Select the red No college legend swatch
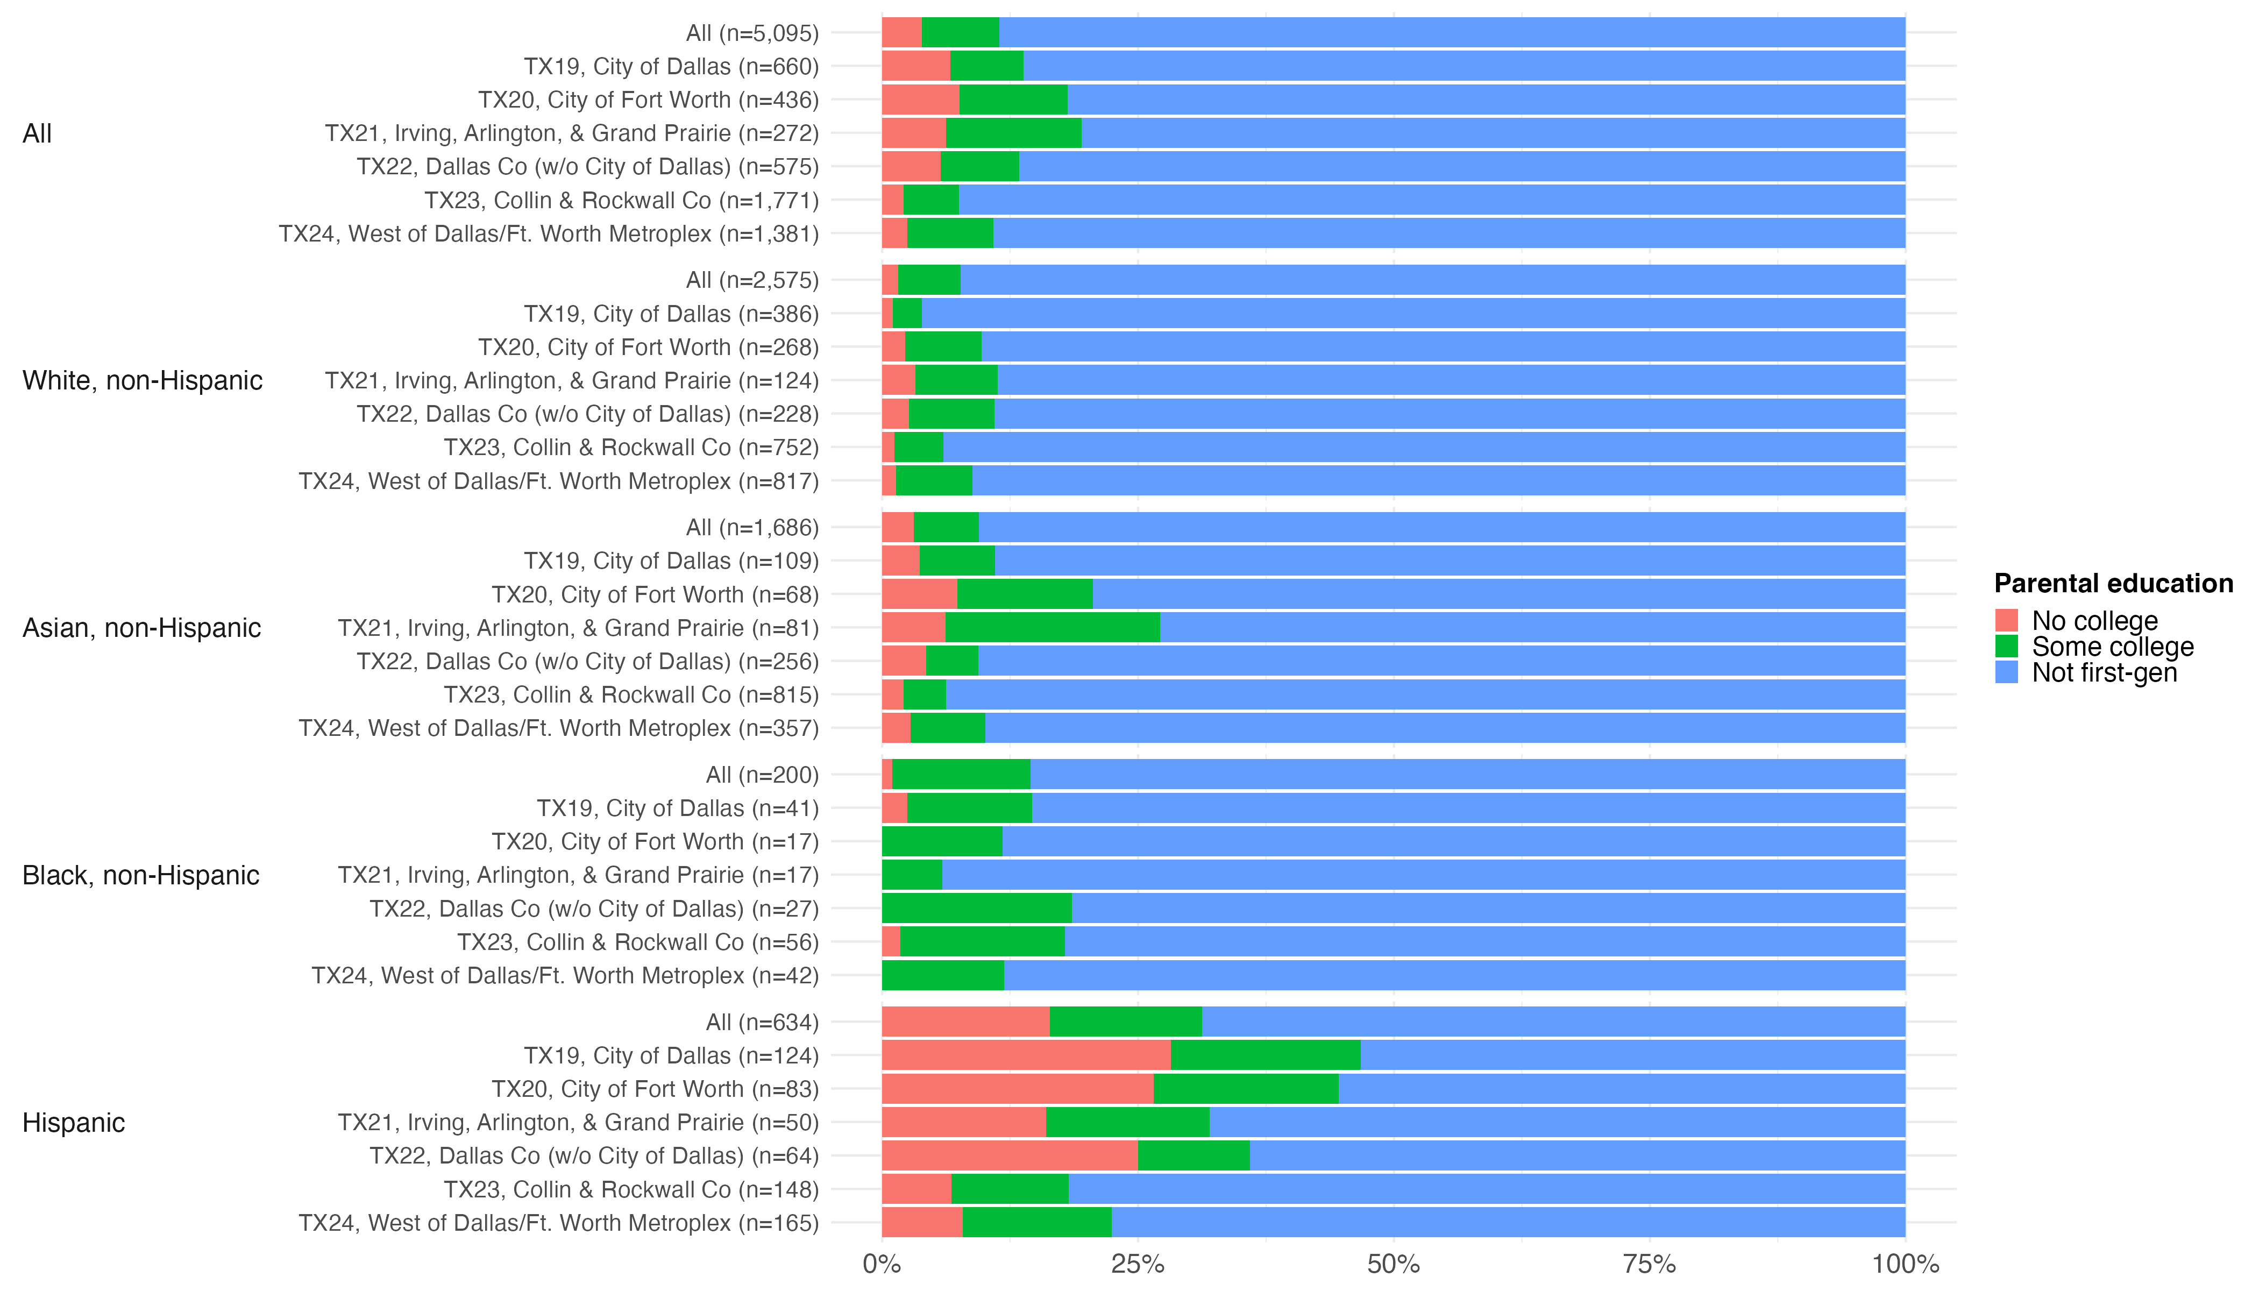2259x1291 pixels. click(2006, 620)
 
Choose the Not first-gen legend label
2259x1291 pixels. click(2104, 673)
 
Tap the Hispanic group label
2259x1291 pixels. click(74, 1123)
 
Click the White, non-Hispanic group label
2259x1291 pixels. click(143, 380)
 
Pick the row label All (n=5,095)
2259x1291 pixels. click(752, 33)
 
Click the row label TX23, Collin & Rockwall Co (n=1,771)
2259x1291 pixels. click(621, 201)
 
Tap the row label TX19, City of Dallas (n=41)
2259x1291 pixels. click(677, 808)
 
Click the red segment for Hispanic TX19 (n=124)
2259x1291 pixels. click(1026, 1055)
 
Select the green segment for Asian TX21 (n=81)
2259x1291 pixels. click(1053, 628)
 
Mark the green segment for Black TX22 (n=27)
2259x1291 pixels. click(977, 909)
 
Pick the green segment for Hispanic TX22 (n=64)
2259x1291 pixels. click(1194, 1155)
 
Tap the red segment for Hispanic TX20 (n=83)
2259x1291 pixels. click(1018, 1089)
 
